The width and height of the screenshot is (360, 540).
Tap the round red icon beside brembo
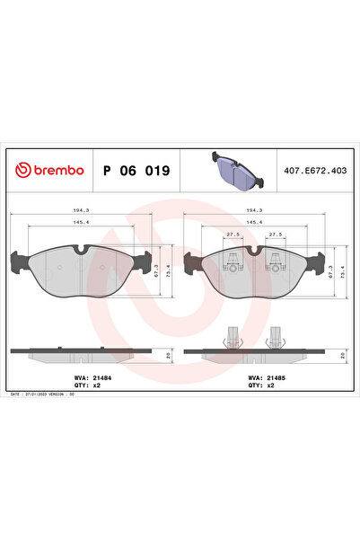tap(21, 169)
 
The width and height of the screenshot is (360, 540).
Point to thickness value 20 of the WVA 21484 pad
tap(168, 356)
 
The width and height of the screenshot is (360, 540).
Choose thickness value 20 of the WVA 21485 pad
tap(342, 356)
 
